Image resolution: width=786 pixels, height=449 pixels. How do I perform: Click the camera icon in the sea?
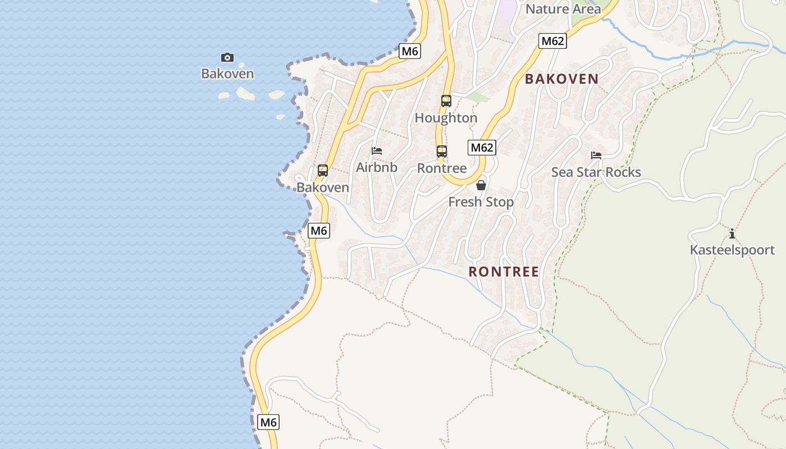point(227,57)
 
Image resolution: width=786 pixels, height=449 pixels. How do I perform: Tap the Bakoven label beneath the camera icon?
point(227,74)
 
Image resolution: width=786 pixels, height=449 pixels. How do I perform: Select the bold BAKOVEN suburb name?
point(561,79)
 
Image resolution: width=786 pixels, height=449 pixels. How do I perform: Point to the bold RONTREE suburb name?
point(504,272)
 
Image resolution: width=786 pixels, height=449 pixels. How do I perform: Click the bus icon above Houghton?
point(446,101)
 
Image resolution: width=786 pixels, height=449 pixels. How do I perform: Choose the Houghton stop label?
point(446,118)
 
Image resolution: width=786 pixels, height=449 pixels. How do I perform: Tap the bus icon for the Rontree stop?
point(442,152)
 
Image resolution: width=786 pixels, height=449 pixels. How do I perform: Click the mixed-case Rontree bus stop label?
point(442,168)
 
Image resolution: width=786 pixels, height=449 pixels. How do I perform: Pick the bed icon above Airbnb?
point(377,150)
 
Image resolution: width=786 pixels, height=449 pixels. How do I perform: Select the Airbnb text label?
point(377,167)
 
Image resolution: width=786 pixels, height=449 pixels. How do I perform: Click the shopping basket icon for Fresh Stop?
point(481,185)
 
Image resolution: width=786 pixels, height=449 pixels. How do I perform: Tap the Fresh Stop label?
point(481,202)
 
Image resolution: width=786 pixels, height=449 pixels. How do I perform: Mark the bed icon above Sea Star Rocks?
point(596,155)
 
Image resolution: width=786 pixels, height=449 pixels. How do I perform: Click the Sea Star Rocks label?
point(596,172)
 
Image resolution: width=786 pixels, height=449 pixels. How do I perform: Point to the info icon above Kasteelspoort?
point(732,233)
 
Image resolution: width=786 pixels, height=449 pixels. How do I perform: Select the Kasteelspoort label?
point(732,250)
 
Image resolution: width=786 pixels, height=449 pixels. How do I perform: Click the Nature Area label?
point(563,9)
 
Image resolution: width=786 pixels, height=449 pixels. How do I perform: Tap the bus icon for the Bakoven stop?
point(323,171)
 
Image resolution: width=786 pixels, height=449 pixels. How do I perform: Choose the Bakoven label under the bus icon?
point(323,187)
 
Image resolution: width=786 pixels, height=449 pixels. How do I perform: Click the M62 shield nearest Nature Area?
point(552,41)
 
